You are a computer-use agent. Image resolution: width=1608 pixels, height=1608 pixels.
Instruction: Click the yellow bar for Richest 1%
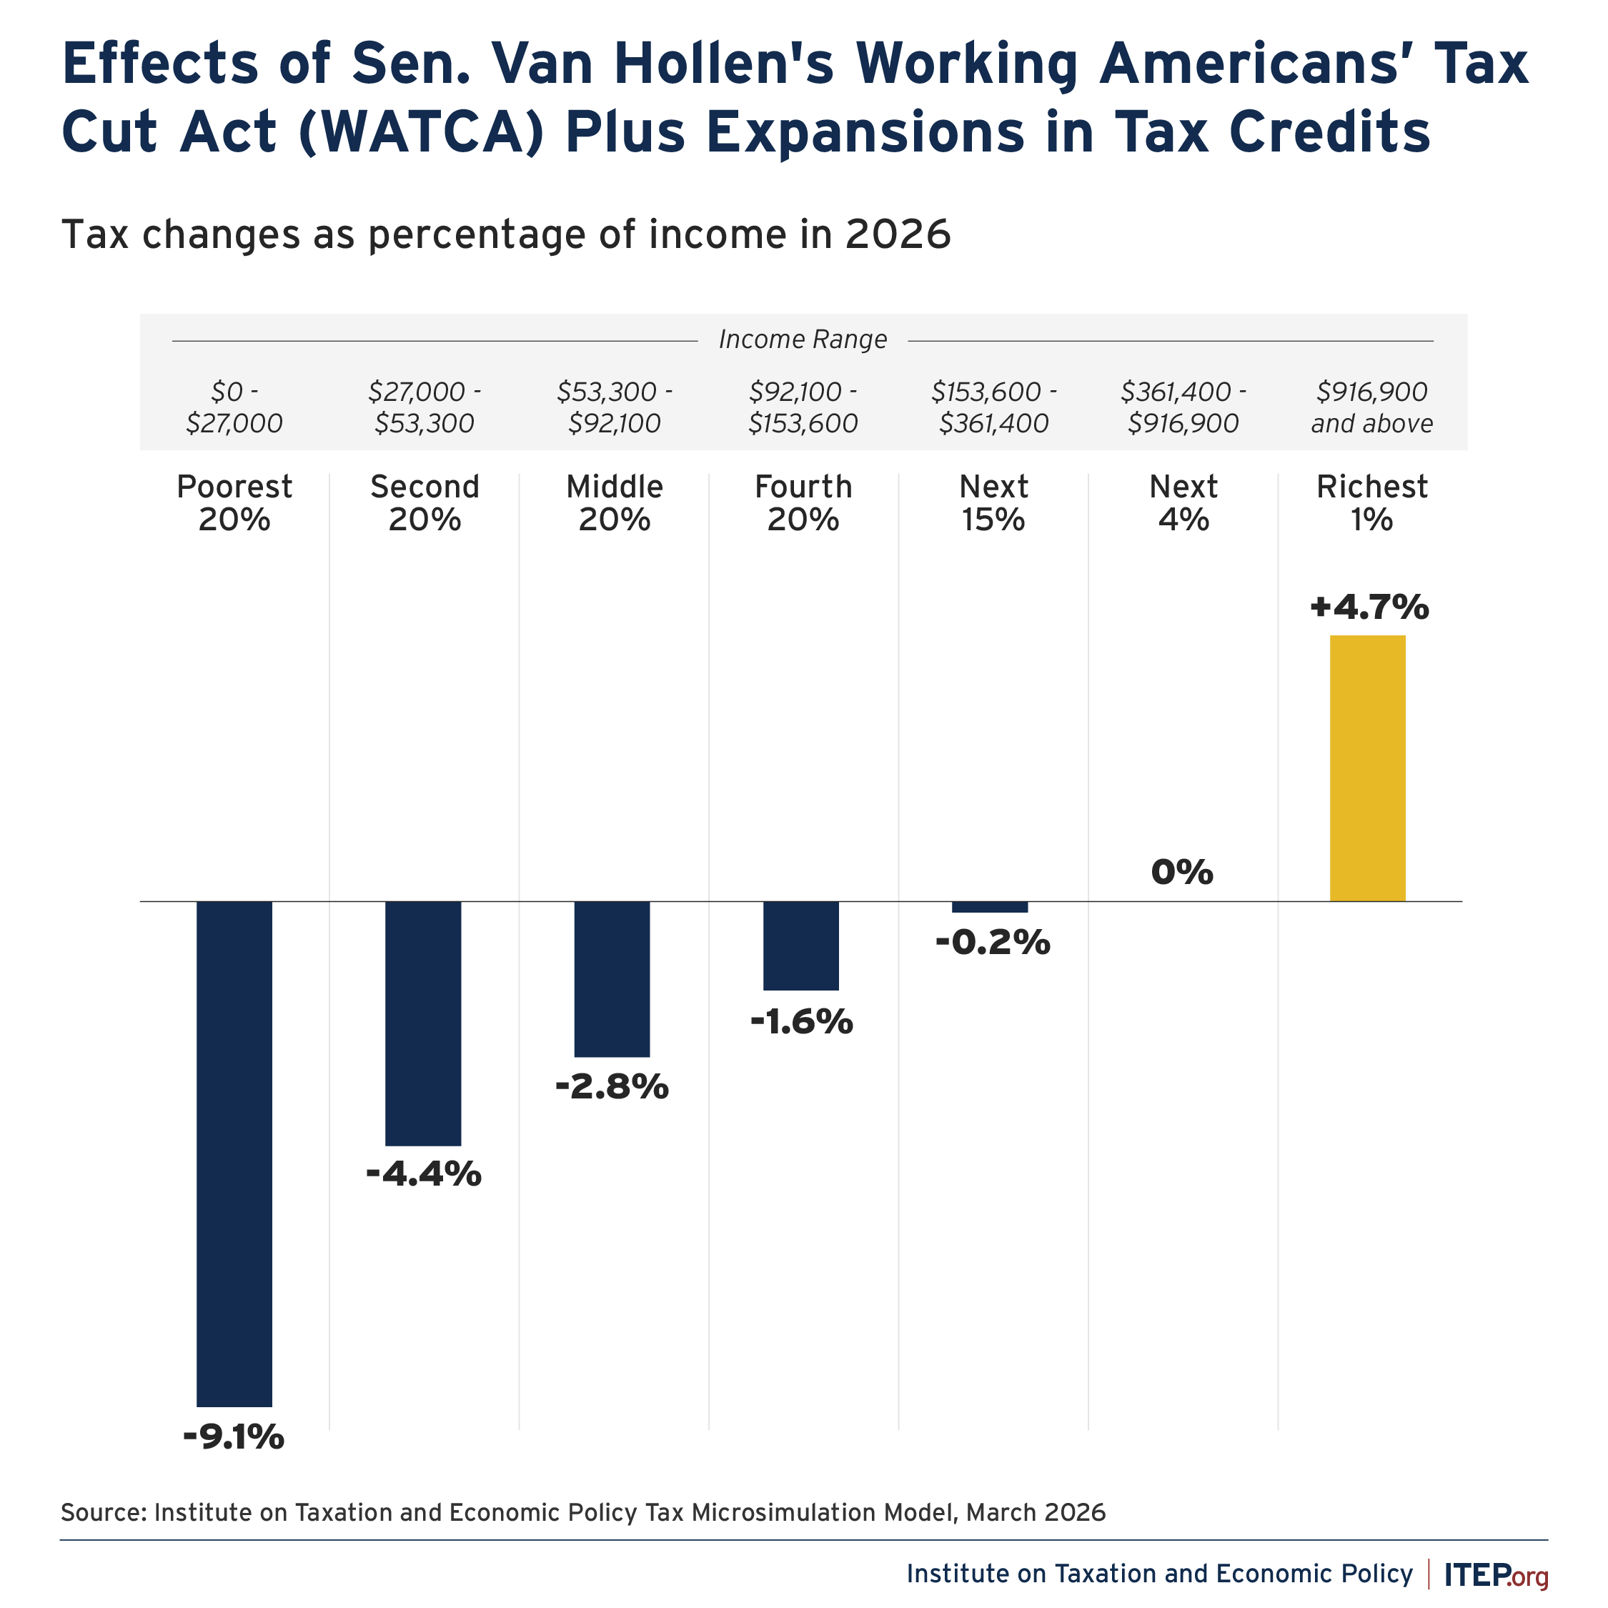tap(1366, 768)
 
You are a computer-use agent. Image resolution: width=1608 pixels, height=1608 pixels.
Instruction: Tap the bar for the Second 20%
tap(423, 1023)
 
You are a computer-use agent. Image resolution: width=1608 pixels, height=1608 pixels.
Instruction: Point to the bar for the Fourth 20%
tap(800, 946)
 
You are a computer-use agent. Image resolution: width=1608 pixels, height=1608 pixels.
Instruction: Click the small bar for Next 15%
tap(990, 907)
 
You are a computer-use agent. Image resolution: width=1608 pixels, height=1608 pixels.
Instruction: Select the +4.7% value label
tap(1369, 607)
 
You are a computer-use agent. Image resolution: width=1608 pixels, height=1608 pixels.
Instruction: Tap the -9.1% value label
tap(234, 1437)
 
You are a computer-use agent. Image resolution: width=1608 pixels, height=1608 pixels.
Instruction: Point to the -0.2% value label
tap(992, 943)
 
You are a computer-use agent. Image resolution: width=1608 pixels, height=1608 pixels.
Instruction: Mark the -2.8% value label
tap(612, 1086)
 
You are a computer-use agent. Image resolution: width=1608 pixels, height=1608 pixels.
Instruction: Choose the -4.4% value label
tap(423, 1174)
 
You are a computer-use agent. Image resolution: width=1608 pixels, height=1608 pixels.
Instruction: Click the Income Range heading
tap(803, 339)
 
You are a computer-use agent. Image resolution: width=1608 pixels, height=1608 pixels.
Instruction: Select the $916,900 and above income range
tap(1371, 408)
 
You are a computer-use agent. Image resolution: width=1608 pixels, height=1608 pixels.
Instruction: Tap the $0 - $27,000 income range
tap(234, 408)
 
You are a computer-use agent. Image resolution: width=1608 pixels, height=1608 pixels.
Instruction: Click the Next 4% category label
tap(1183, 502)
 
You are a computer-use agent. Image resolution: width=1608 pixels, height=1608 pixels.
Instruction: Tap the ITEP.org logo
tap(1496, 1574)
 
